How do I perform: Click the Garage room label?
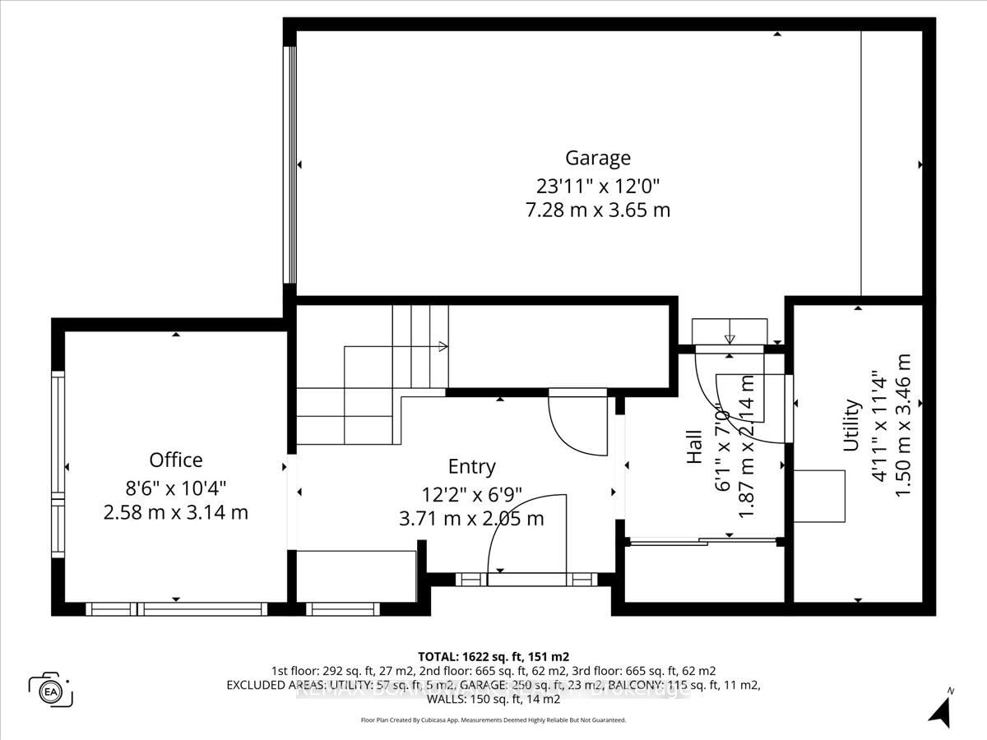597,157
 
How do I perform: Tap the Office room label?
175,460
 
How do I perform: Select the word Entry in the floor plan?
471,466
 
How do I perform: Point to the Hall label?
694,446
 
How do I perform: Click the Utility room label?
851,425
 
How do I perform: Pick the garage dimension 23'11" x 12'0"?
597,184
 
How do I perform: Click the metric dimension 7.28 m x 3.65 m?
597,210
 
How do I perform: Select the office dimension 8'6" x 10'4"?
175,487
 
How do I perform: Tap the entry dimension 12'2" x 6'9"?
471,493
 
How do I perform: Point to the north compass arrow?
940,709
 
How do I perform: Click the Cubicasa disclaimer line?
493,719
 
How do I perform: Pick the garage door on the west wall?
290,164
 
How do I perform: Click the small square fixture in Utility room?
818,496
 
